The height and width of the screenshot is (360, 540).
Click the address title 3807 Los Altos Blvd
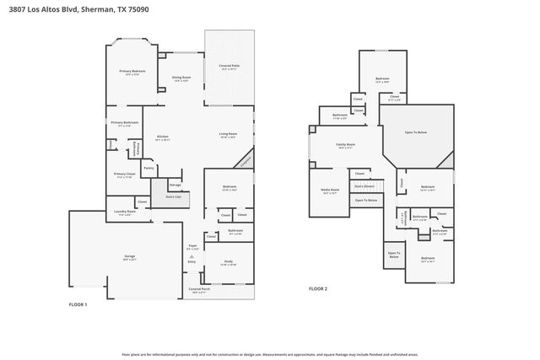(67, 8)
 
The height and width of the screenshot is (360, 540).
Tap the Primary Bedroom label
(132, 72)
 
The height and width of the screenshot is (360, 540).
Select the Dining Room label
(181, 77)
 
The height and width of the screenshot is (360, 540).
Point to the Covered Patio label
(229, 66)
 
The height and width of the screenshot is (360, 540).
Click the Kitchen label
(163, 136)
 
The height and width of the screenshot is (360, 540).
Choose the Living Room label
(228, 133)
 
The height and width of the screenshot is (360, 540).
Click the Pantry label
(148, 168)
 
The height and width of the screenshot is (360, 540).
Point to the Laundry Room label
(124, 212)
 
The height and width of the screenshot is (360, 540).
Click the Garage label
(130, 257)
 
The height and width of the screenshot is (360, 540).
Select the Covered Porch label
(200, 289)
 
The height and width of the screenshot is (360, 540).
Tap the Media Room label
(329, 190)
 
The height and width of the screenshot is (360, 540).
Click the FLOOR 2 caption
(317, 289)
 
